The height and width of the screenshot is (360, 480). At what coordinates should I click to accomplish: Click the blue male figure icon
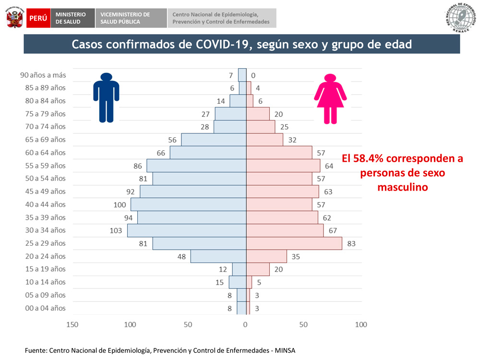[106, 97]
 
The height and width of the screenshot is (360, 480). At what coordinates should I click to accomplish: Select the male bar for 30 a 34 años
[187, 230]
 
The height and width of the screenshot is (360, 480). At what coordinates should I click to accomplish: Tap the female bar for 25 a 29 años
[294, 243]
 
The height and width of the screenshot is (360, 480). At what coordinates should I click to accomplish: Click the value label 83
[351, 243]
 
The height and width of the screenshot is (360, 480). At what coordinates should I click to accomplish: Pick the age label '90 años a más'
[43, 75]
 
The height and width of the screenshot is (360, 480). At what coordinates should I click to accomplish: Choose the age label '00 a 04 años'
[45, 308]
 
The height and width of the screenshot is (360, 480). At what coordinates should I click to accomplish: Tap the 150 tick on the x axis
[72, 325]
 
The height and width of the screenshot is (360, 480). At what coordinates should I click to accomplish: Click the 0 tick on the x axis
[245, 325]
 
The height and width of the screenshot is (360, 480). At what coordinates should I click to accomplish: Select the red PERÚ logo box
[38, 18]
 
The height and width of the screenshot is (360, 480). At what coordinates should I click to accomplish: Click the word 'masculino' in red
[402, 187]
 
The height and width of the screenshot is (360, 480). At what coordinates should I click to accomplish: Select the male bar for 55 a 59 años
[196, 166]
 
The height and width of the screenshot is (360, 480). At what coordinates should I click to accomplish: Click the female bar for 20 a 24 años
[266, 256]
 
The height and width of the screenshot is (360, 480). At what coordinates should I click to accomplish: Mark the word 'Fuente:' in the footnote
[36, 350]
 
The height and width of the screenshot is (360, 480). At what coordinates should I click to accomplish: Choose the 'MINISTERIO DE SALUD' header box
[72, 18]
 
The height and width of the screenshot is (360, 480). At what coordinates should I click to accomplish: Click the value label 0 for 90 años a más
[253, 75]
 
